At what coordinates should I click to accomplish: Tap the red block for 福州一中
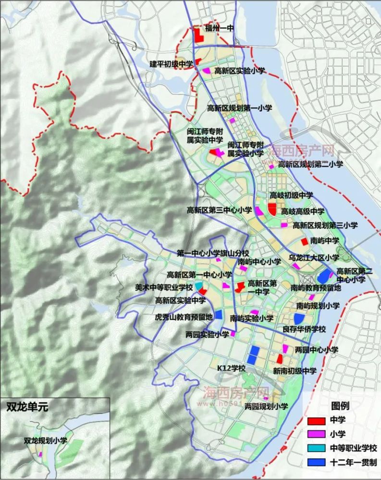pyautogui.click(x=197, y=36)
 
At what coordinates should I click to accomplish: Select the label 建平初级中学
pyautogui.click(x=171, y=63)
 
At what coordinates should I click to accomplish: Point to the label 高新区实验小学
pyautogui.click(x=240, y=71)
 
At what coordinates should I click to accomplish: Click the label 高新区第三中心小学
pyautogui.click(x=220, y=210)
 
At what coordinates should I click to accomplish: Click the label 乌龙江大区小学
pyautogui.click(x=314, y=258)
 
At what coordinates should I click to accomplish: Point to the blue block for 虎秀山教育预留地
pyautogui.click(x=218, y=314)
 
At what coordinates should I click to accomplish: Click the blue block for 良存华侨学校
pyautogui.click(x=298, y=318)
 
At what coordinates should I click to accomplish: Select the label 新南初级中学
pyautogui.click(x=295, y=371)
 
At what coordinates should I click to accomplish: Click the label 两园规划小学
pyautogui.click(x=266, y=407)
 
